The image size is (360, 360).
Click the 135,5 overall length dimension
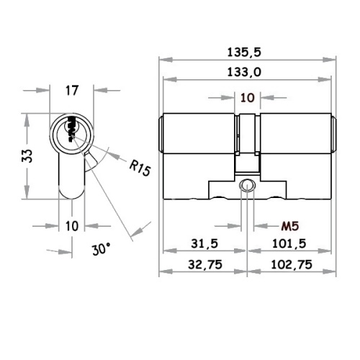tap(244, 52)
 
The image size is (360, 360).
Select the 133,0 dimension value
tap(244, 72)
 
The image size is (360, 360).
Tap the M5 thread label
tap(290, 226)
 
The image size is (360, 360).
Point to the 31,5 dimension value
tap(204, 243)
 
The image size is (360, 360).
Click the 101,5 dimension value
tap(289, 243)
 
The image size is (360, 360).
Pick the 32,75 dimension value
tap(205, 264)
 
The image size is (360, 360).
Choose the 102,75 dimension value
tap(292, 264)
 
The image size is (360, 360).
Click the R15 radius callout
tap(140, 168)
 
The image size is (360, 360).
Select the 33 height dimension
tap(27, 156)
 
